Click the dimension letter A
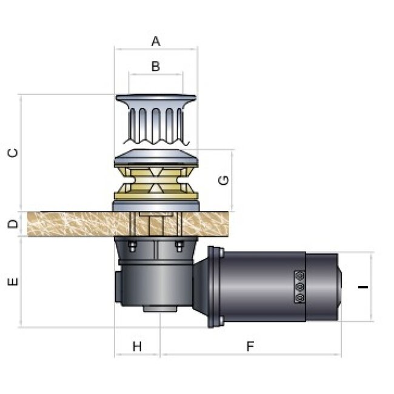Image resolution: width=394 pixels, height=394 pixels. pyautogui.click(x=156, y=41)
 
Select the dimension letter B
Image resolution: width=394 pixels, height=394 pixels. pyautogui.click(x=156, y=66)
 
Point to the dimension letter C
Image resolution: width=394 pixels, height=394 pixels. pyautogui.click(x=13, y=153)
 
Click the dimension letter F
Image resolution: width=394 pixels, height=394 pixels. pyautogui.click(x=249, y=346)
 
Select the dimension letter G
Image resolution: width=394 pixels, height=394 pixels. pyautogui.click(x=223, y=180)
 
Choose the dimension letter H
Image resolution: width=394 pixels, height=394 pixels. pyautogui.click(x=137, y=346)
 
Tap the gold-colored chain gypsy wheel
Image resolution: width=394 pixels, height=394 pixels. pyautogui.click(x=156, y=183)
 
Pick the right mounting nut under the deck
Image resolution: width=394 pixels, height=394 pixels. pyautogui.click(x=179, y=245)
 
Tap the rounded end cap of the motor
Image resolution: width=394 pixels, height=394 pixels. pyautogui.click(x=338, y=286)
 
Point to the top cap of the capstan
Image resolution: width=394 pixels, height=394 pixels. pyautogui.click(x=156, y=98)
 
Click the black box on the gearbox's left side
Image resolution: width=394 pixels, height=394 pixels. pyautogui.click(x=117, y=288)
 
